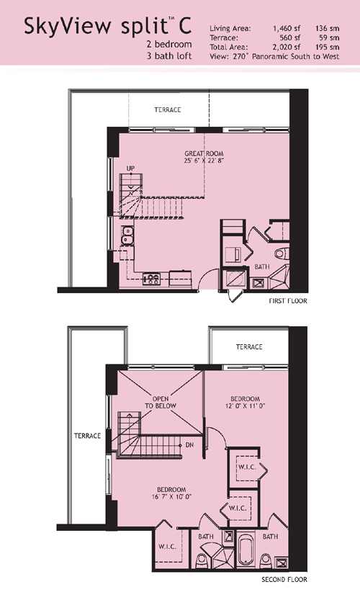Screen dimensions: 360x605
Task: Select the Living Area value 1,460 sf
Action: pyautogui.click(x=287, y=28)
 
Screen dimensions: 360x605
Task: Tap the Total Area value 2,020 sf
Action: pyautogui.click(x=287, y=47)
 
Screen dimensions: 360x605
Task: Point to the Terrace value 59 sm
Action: pyautogui.click(x=329, y=37)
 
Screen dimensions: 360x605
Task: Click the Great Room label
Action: pyautogui.click(x=204, y=157)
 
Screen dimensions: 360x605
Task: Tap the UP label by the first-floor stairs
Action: pyautogui.click(x=130, y=169)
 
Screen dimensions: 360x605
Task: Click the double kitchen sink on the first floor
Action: pyautogui.click(x=127, y=236)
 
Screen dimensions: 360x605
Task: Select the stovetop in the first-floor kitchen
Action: pyautogui.click(x=151, y=279)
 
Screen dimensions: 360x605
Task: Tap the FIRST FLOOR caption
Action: pyautogui.click(x=288, y=301)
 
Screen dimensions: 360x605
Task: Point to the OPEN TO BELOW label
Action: pyautogui.click(x=161, y=402)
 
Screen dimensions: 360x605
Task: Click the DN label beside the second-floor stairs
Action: pyautogui.click(x=189, y=445)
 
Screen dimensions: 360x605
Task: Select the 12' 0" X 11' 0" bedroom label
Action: pyautogui.click(x=246, y=402)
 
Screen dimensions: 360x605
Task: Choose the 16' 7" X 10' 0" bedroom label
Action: pyautogui.click(x=171, y=493)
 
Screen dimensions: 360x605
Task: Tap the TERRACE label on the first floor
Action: pyautogui.click(x=168, y=109)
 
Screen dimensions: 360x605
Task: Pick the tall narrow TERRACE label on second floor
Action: pyautogui.click(x=88, y=436)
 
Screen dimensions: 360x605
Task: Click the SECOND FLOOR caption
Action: pyautogui.click(x=284, y=579)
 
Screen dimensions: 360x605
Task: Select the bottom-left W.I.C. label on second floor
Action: pyautogui.click(x=168, y=547)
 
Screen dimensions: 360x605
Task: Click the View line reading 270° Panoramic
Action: pyautogui.click(x=275, y=56)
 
